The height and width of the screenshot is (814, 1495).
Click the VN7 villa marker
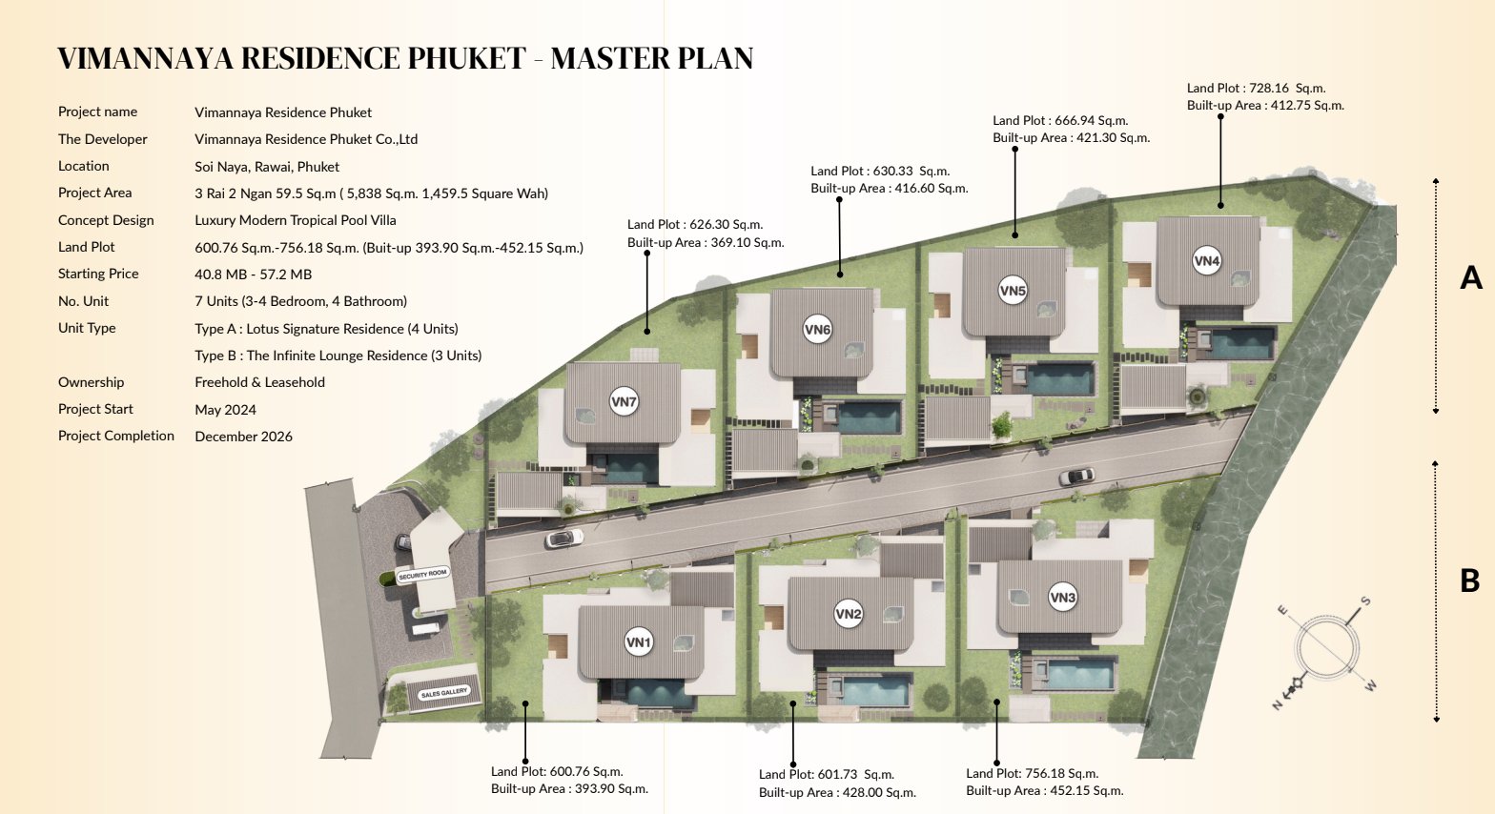click(x=624, y=401)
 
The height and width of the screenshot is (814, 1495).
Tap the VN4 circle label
click(x=1207, y=261)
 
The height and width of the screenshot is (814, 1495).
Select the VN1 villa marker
click(x=639, y=641)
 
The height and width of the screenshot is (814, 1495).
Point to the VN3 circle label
click(x=1062, y=597)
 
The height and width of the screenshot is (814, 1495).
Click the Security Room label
click(x=423, y=574)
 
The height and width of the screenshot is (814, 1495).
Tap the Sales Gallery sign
click(x=444, y=693)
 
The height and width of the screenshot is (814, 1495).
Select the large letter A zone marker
click(x=1471, y=277)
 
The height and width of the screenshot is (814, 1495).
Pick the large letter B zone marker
click(x=1469, y=581)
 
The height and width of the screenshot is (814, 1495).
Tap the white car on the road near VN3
click(x=1076, y=477)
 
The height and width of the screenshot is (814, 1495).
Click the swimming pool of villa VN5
click(x=1060, y=379)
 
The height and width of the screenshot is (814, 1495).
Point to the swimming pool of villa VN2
click(x=875, y=690)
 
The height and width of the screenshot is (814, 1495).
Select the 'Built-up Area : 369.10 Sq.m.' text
click(x=706, y=243)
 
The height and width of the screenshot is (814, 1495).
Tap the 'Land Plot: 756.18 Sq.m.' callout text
click(x=1032, y=774)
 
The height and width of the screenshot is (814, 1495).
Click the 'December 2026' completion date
click(x=244, y=437)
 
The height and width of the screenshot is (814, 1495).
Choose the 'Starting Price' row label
click(x=98, y=274)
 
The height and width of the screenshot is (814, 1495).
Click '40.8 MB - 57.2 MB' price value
click(x=253, y=275)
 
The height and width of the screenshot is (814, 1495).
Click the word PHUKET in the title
click(x=466, y=58)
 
